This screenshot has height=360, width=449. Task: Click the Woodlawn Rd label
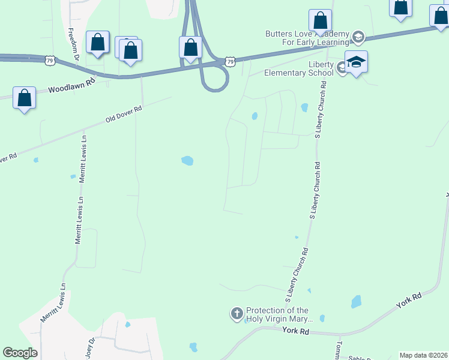tap(72, 87)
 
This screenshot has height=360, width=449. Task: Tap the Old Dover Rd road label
tap(124, 114)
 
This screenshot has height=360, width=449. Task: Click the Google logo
tap(20, 353)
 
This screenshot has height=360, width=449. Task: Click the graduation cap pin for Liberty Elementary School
tap(356, 62)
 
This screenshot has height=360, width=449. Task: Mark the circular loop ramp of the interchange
tap(215, 77)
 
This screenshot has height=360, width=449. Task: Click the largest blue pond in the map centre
tap(188, 160)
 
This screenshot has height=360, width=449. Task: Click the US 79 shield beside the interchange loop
tap(231, 61)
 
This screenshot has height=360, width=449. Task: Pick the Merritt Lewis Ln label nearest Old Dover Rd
tap(83, 158)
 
